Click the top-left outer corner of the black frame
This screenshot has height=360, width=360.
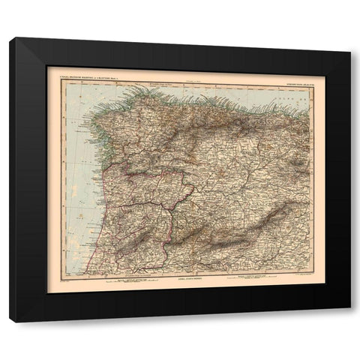10,37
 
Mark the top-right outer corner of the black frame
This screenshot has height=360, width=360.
350,37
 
